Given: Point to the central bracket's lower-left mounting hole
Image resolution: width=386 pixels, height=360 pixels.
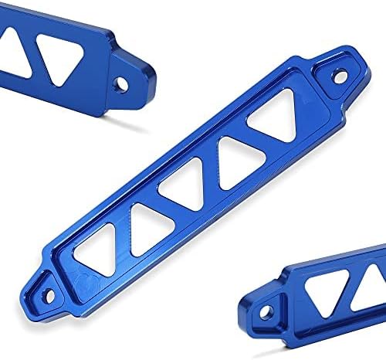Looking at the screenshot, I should pyautogui.click(x=49, y=294).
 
